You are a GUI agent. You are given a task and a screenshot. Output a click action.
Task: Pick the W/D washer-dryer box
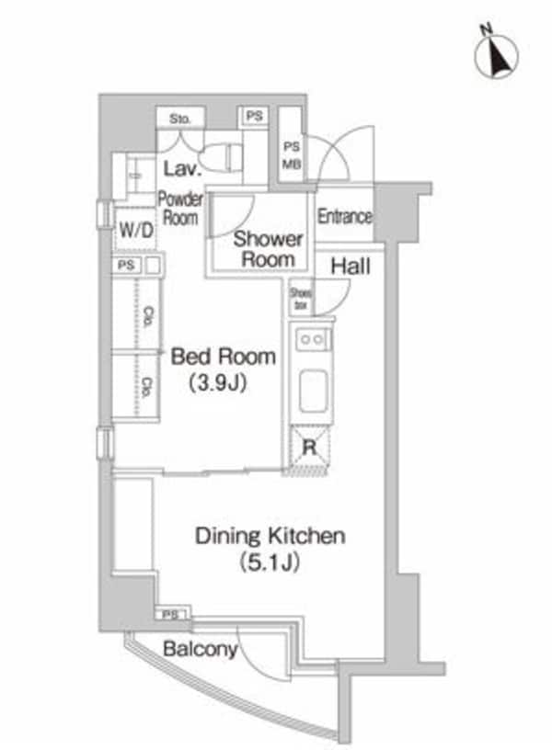click(133, 230)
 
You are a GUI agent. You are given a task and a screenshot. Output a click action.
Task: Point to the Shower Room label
click(268, 248)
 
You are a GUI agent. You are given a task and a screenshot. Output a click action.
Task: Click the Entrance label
click(345, 217)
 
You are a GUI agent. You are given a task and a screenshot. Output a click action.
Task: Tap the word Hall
click(351, 267)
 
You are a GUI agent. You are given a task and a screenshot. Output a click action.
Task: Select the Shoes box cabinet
click(301, 298)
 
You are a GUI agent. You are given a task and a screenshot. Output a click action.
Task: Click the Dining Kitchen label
click(270, 536)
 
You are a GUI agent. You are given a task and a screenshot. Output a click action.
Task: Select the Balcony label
click(200, 650)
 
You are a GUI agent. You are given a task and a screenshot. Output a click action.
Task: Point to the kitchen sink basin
click(311, 391)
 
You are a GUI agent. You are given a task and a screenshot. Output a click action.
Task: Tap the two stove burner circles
click(312, 339)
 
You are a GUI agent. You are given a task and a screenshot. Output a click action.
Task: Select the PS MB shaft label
click(291, 154)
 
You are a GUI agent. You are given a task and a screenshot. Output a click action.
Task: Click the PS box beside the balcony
click(171, 614)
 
